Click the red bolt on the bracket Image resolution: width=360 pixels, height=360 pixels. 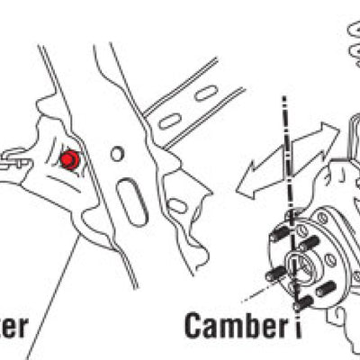tap(67, 160)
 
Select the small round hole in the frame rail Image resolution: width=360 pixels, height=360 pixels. tap(117, 154)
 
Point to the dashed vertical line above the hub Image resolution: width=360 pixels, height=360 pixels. tap(287, 153)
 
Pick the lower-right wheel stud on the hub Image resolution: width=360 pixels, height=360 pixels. tap(326, 289)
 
